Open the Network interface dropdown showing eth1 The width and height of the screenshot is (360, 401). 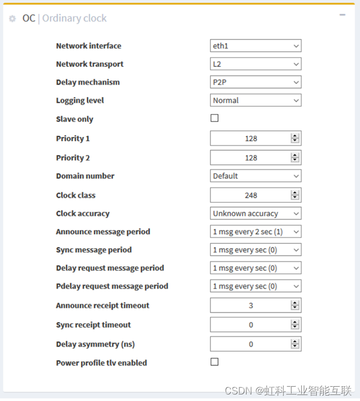(255, 46)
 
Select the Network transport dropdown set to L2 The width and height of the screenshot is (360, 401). (255, 64)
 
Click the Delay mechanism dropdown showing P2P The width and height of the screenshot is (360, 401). (255, 82)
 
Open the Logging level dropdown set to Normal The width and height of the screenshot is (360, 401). (255, 100)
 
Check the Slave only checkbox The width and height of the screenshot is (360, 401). (214, 118)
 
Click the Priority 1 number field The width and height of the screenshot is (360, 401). (251, 139)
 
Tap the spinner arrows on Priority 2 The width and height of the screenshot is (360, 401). (295, 158)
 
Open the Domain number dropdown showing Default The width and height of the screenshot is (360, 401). (255, 176)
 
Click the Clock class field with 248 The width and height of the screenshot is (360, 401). (251, 195)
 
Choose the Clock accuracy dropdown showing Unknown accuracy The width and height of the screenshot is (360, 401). (255, 214)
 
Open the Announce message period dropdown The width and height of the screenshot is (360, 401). (255, 232)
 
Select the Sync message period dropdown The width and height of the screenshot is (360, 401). (255, 250)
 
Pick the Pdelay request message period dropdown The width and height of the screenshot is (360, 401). (255, 286)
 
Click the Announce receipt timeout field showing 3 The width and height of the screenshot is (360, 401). (251, 305)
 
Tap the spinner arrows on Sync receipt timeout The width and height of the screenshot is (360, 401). (295, 325)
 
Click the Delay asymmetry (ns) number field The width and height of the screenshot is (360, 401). (251, 344)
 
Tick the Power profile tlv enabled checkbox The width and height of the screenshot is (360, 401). (214, 362)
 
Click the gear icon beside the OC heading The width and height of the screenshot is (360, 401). (13, 19)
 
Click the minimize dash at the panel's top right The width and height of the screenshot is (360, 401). (342, 15)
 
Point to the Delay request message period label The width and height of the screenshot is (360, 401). (110, 268)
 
